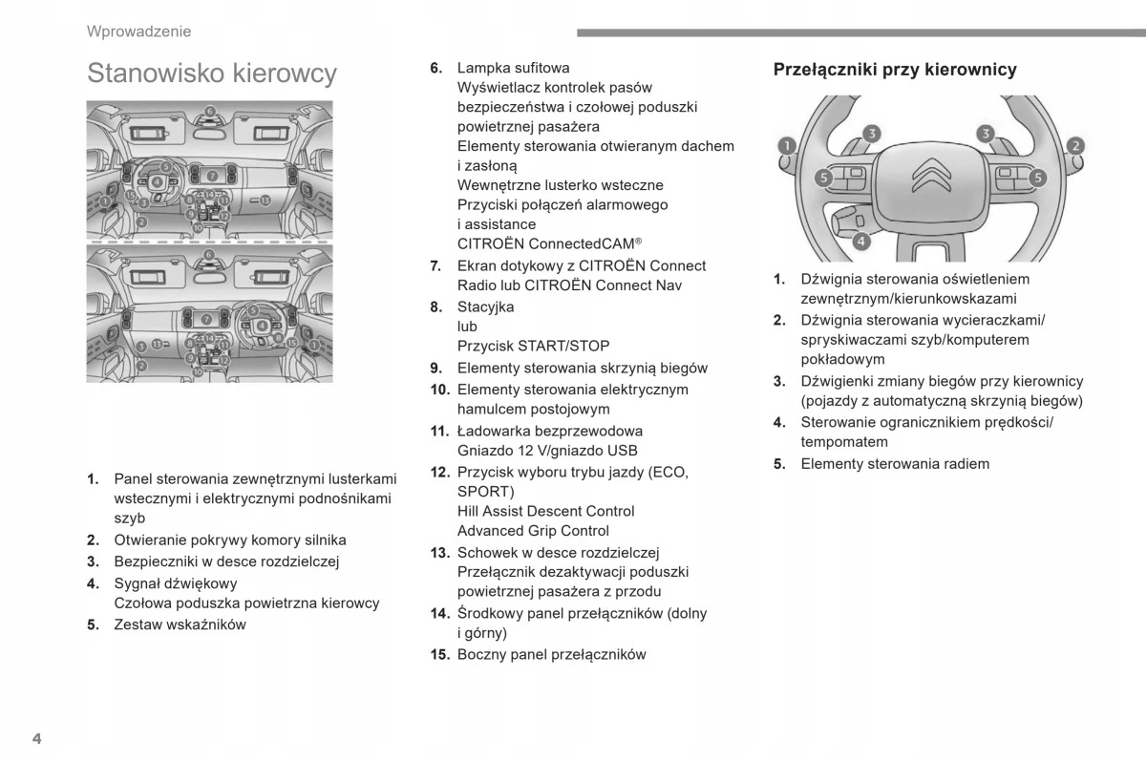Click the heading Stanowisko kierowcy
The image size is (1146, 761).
(x=211, y=74)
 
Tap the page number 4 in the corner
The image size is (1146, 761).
(x=36, y=739)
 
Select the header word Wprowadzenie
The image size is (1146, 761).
(x=138, y=32)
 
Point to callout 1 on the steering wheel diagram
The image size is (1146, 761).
(x=786, y=146)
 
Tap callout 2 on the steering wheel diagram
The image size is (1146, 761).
(x=1075, y=146)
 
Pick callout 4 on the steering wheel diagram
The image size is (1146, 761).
(x=860, y=241)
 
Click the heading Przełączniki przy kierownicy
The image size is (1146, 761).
(x=895, y=70)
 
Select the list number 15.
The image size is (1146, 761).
(x=439, y=655)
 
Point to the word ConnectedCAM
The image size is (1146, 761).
(x=581, y=243)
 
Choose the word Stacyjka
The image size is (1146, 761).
(x=485, y=307)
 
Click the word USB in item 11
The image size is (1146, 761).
(x=623, y=451)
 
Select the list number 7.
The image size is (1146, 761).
(x=435, y=265)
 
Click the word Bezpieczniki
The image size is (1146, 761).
(x=157, y=562)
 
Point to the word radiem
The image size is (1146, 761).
(x=966, y=464)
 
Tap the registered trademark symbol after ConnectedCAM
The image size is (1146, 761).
(x=638, y=241)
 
